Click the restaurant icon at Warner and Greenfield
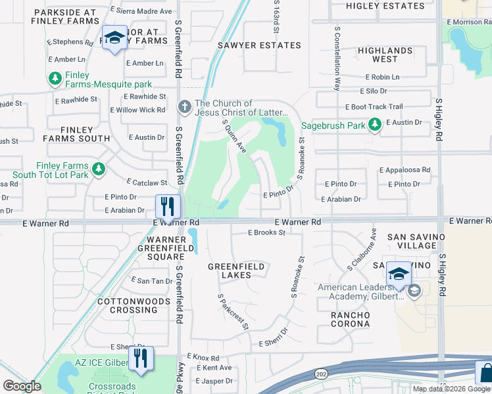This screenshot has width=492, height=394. [x=166, y=206]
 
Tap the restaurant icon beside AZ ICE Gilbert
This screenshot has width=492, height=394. [x=140, y=358]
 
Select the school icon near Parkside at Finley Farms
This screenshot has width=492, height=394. [x=114, y=37]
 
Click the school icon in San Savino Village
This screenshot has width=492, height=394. [x=399, y=274]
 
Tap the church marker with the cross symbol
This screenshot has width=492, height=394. [x=185, y=106]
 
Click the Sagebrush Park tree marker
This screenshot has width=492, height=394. [x=374, y=124]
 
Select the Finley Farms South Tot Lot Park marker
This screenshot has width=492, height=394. [x=99, y=170]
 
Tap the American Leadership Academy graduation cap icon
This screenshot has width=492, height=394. [x=414, y=291]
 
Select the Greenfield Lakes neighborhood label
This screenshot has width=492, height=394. [x=236, y=271]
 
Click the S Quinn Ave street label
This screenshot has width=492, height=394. [x=235, y=137]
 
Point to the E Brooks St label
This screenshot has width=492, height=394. [x=266, y=232]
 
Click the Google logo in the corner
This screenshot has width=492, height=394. [x=22, y=385]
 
